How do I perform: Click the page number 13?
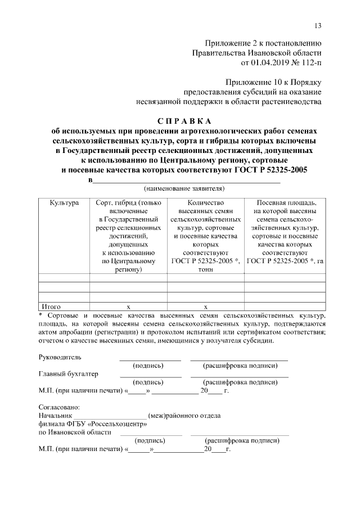tap(318, 26)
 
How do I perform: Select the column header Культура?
tap(64, 202)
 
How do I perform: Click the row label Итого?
tap(49, 307)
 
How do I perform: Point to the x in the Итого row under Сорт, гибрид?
tap(128, 307)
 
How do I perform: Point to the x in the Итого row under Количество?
tap(205, 307)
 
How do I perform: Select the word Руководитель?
tap(60, 357)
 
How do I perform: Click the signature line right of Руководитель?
tap(150, 359)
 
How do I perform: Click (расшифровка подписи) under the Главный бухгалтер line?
tap(240, 382)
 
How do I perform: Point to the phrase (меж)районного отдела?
tap(184, 416)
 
